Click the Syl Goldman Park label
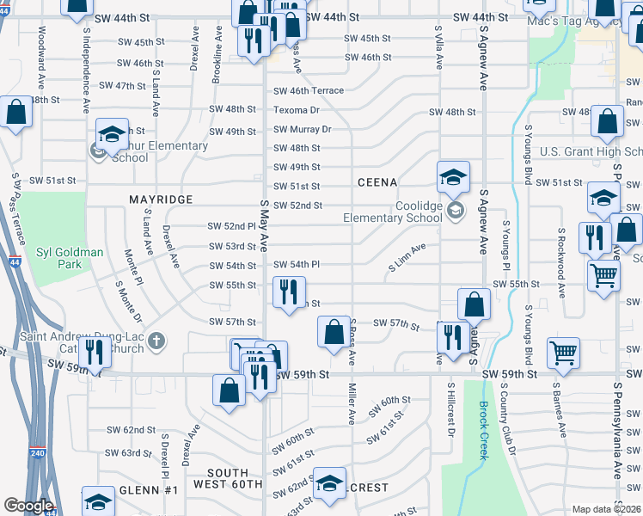tap(70, 258)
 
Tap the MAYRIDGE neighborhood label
tap(161, 199)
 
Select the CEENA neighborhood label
tap(377, 182)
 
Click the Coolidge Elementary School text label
tap(392, 212)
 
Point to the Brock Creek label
tap(484, 430)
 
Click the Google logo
tap(28, 505)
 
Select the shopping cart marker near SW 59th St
tap(564, 351)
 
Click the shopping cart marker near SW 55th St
tap(604, 276)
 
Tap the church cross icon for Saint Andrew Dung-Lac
tap(156, 341)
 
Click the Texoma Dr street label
tap(297, 110)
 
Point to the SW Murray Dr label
tap(302, 129)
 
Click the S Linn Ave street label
tap(407, 258)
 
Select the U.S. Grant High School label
tap(591, 152)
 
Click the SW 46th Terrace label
tap(308, 90)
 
